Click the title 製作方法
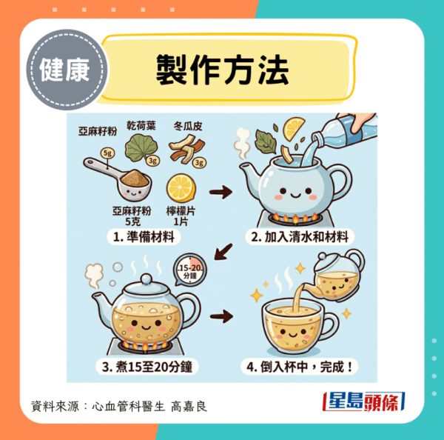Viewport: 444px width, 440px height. click(x=222, y=70)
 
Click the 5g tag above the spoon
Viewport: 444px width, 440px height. click(x=107, y=153)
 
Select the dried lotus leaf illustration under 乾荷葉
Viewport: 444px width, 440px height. click(x=141, y=149)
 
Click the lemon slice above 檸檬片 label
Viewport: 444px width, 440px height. click(x=181, y=188)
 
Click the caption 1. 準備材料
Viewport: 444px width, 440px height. click(x=144, y=237)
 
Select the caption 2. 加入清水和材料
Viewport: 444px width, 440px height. click(x=300, y=237)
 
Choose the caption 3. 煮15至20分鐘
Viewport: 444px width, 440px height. click(x=147, y=367)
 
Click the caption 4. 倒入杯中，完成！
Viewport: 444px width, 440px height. click(x=299, y=367)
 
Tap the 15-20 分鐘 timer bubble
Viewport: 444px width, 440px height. click(x=190, y=270)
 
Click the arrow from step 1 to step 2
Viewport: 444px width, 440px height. click(x=221, y=192)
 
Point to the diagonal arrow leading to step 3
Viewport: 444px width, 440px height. click(x=223, y=251)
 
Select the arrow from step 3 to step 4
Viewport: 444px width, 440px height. click(x=221, y=316)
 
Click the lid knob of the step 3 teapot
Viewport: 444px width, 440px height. click(x=147, y=279)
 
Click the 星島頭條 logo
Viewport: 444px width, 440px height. click(x=364, y=401)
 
